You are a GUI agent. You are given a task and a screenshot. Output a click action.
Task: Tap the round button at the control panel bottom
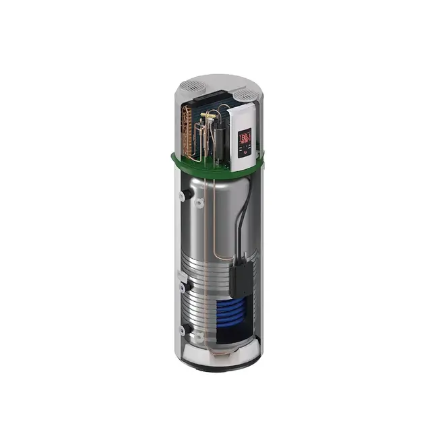247,154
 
